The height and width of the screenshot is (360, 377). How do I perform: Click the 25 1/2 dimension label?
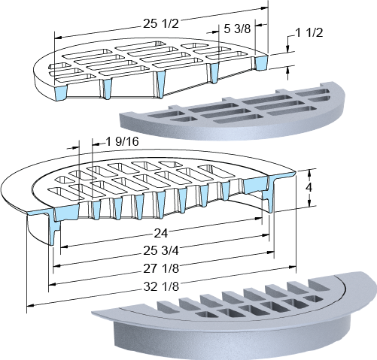(161, 24)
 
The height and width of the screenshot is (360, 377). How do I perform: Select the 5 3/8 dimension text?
(237, 29)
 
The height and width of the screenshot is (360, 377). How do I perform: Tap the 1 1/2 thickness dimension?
(309, 33)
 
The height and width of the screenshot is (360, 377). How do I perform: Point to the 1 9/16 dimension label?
(122, 142)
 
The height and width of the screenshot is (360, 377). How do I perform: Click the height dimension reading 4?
(309, 187)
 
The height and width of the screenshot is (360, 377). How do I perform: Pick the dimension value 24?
(160, 234)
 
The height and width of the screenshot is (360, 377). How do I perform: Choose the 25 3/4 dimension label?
(161, 250)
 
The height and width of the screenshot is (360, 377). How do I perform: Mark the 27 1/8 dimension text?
(161, 268)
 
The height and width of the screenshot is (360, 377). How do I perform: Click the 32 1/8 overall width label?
(161, 286)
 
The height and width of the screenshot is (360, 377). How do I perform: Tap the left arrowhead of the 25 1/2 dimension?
(58, 38)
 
